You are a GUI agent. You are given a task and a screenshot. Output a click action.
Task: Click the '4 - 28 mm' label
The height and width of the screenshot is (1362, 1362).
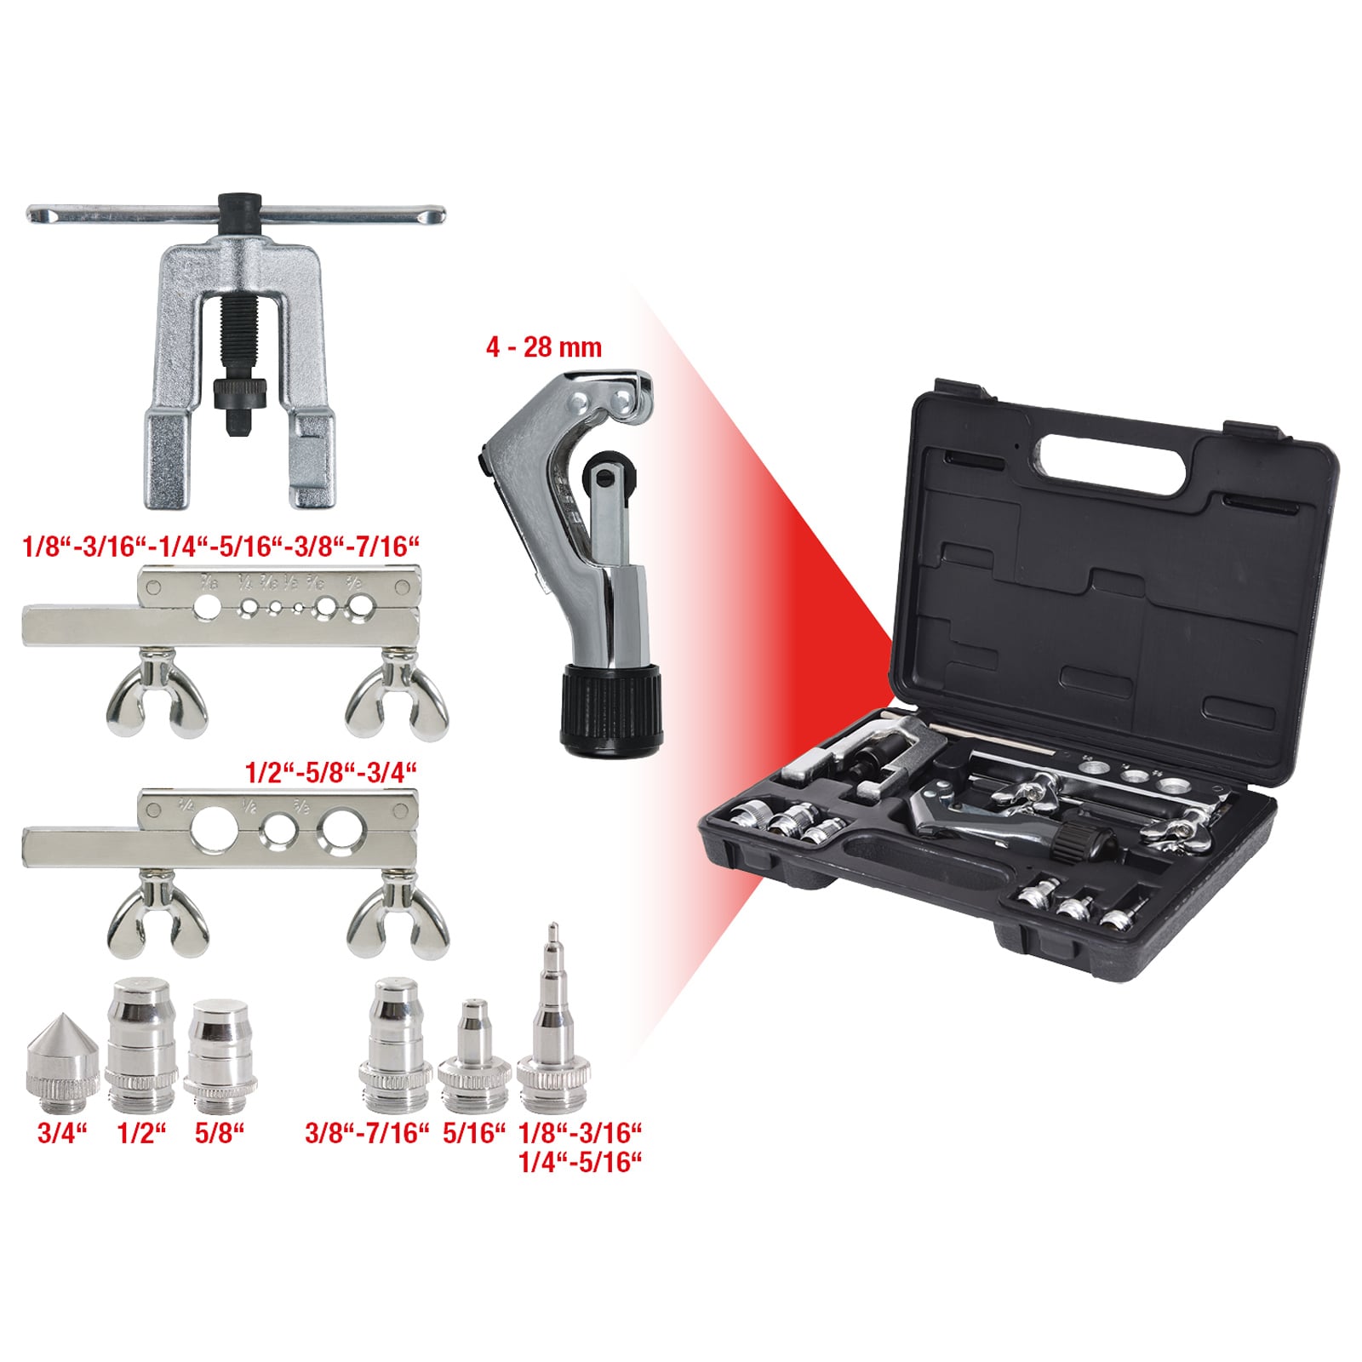[x=543, y=347]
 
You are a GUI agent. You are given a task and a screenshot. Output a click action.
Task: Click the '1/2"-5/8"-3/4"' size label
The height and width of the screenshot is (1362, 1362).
[x=330, y=773]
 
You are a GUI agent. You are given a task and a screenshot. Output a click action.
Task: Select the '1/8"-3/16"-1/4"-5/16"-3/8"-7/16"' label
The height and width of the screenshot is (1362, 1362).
[x=221, y=547]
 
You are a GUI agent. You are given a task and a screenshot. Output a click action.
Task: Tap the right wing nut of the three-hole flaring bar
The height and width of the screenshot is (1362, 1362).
[x=397, y=917]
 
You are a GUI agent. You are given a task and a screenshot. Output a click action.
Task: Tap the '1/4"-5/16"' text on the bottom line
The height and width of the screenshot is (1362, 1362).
[x=579, y=1162]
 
